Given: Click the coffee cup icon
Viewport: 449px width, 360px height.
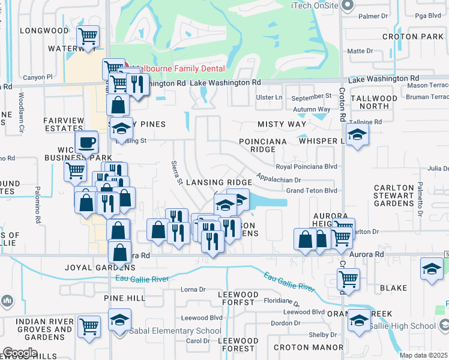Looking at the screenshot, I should [x=87, y=143].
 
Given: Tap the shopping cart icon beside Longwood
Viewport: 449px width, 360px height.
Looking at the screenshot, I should [x=88, y=36].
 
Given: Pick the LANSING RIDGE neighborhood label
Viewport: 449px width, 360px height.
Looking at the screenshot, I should [x=218, y=182].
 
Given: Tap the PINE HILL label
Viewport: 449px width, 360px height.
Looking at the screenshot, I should [x=124, y=298].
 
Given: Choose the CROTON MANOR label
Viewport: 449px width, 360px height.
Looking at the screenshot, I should [x=300, y=347].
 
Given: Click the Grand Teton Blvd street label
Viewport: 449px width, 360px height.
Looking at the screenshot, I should [x=312, y=190].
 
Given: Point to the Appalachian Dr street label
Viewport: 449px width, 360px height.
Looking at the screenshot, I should [x=278, y=179].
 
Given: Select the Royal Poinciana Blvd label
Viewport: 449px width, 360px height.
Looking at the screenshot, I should [x=306, y=167].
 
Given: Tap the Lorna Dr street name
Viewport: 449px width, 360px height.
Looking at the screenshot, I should [x=193, y=289].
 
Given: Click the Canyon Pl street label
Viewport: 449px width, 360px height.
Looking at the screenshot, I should [x=38, y=77].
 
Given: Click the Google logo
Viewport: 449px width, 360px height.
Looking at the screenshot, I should [x=20, y=352].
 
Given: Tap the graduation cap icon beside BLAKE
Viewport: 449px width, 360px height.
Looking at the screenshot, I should [x=432, y=268].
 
